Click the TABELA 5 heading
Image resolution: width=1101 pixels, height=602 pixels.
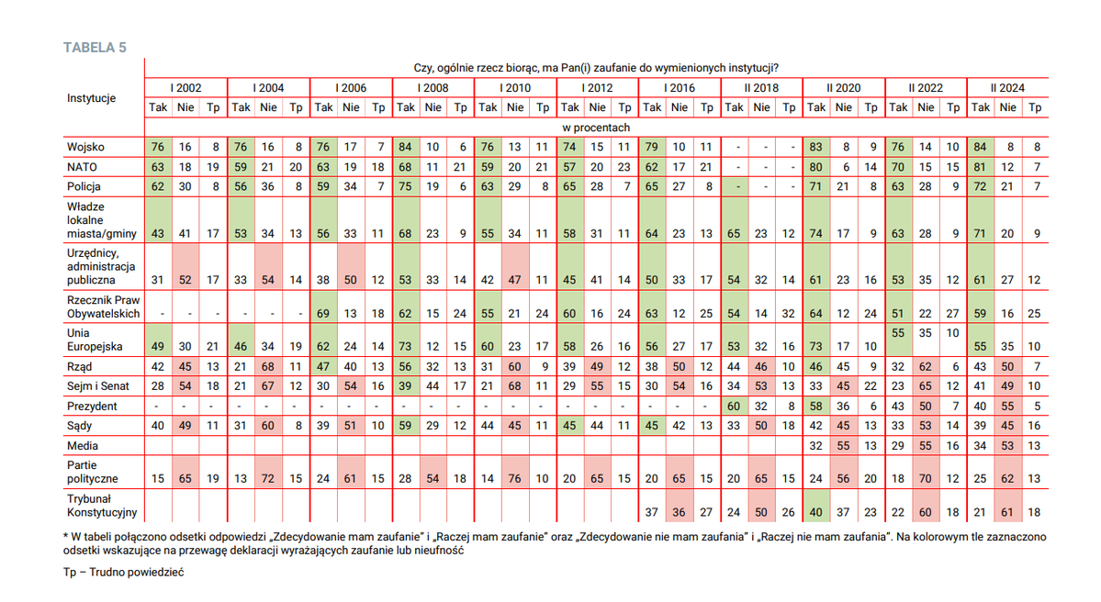tap(95, 48)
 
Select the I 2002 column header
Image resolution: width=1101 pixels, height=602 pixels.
tap(186, 88)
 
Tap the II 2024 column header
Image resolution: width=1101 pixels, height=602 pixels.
tap(1007, 88)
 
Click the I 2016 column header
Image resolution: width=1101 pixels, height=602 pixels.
tap(679, 88)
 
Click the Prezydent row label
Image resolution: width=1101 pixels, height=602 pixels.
tap(92, 406)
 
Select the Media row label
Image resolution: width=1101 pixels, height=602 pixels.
tap(82, 446)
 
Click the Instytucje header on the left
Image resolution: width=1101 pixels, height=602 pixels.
tap(92, 97)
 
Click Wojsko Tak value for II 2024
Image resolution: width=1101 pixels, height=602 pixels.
tap(981, 147)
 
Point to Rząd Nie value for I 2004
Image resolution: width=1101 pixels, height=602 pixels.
tap(268, 365)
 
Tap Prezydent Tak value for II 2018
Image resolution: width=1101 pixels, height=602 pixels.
tap(734, 406)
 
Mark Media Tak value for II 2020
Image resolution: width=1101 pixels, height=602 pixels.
tap(816, 446)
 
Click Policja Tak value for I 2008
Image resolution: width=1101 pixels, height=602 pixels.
tap(405, 187)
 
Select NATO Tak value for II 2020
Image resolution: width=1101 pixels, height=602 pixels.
tap(816, 167)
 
